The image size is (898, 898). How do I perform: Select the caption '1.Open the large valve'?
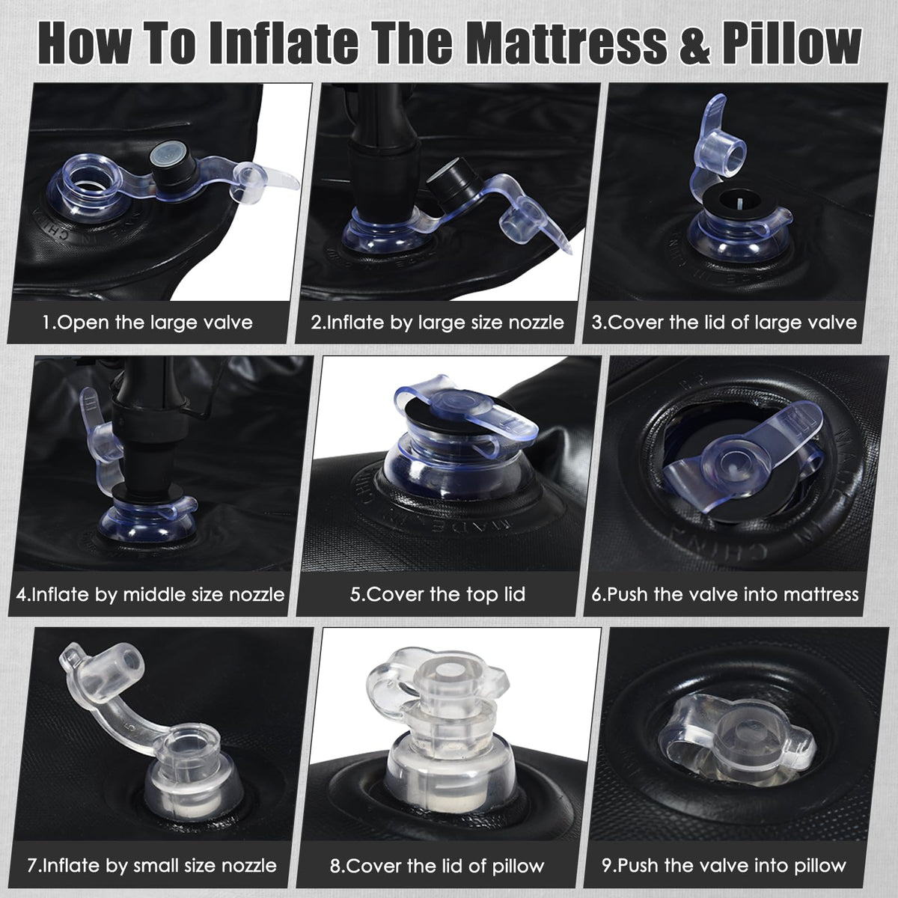pyautogui.click(x=147, y=323)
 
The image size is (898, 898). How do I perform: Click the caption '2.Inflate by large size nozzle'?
pyautogui.click(x=437, y=323)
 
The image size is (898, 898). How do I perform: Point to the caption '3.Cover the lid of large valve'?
pyautogui.click(x=724, y=323)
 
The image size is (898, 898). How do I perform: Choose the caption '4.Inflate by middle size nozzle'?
pyautogui.click(x=150, y=594)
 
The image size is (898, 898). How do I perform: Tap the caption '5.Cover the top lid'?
pyautogui.click(x=438, y=594)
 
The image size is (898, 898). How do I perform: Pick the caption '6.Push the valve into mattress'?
pyautogui.click(x=725, y=594)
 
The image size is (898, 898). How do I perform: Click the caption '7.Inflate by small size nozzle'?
pyautogui.click(x=152, y=865)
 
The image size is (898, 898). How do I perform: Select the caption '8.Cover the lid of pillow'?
pyautogui.click(x=437, y=866)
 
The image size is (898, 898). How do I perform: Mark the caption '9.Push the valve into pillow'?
pyautogui.click(x=724, y=865)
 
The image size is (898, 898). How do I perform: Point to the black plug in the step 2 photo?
pyautogui.click(x=453, y=184)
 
